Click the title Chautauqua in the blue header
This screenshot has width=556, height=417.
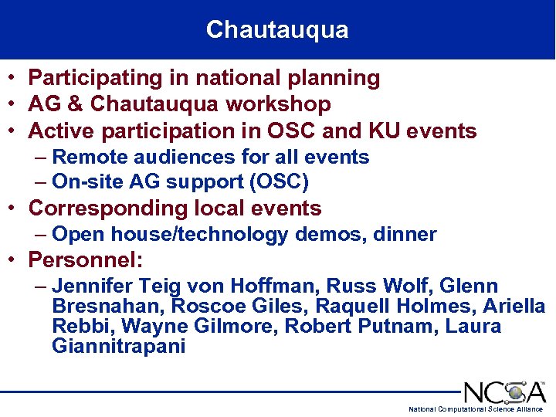click(x=277, y=30)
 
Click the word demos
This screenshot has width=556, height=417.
click(x=331, y=235)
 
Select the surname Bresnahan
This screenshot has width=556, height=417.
click(x=108, y=307)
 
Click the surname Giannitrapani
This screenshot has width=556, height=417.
click(x=119, y=346)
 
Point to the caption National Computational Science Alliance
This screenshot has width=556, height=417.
click(x=475, y=409)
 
